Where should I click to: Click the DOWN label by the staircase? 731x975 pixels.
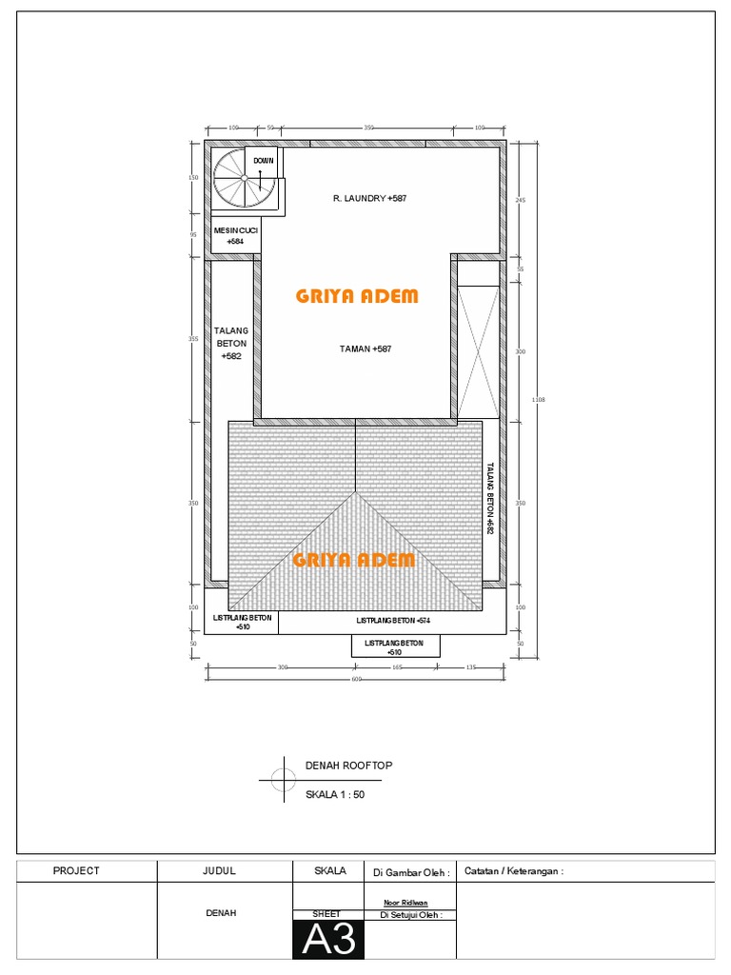point(264,161)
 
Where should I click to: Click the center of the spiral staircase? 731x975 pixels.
point(244,178)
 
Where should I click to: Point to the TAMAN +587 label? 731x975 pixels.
point(365,349)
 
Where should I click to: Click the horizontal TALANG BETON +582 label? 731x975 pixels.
point(230,343)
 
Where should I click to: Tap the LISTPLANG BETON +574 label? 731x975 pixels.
point(392,621)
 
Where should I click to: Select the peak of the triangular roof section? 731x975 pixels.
point(357,492)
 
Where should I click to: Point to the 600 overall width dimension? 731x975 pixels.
point(357,679)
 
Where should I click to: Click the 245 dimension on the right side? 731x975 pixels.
point(521,201)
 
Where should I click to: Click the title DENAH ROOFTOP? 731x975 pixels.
point(348,766)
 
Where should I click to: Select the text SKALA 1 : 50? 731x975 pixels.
point(334,794)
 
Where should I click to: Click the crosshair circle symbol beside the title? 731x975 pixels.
point(283,780)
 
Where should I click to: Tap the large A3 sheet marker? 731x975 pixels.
point(328,940)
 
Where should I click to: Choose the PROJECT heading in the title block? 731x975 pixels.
point(76,870)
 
